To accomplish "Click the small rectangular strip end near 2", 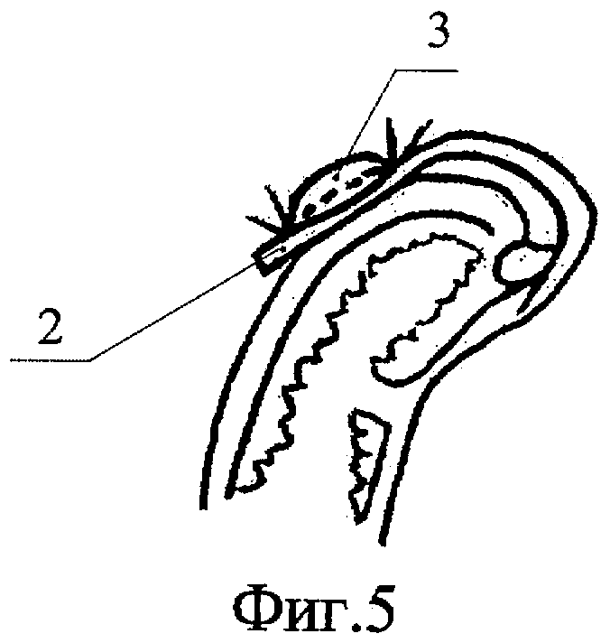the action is tap(269, 257).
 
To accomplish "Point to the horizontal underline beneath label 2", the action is tap(50, 360).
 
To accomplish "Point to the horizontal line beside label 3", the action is tap(424, 70).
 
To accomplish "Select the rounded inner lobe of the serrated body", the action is tap(406, 357).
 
